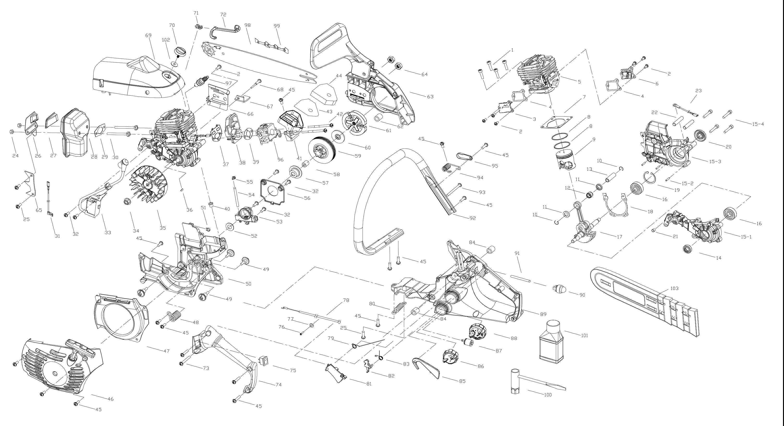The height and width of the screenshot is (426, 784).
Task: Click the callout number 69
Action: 148,36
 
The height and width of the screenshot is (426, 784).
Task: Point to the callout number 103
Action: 674,288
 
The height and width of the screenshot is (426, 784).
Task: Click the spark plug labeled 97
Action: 201,82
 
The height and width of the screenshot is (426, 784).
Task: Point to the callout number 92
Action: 472,218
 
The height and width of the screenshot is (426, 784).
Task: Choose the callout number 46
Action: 110,399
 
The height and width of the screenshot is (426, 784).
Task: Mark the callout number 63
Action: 430,97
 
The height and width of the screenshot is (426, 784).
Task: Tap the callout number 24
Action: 16,156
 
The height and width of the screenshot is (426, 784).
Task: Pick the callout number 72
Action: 223,14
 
